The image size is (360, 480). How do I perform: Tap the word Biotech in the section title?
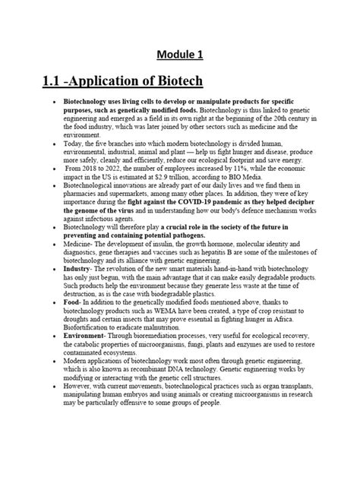175,81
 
